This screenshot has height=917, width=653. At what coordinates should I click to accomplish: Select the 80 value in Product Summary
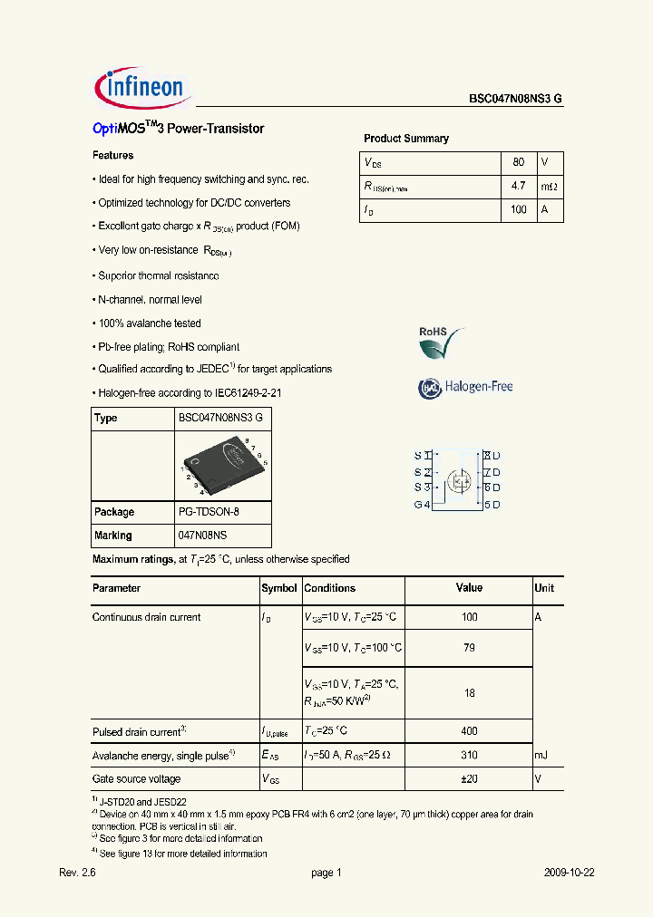click(x=518, y=162)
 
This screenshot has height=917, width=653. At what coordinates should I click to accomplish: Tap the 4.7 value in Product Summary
click(x=518, y=186)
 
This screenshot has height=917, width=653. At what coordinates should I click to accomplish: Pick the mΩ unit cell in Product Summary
click(x=550, y=186)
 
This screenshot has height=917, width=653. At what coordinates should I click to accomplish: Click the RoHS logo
click(x=441, y=343)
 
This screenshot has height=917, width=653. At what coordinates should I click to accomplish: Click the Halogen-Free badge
click(x=465, y=387)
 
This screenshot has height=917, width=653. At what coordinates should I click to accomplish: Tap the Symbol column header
click(x=279, y=588)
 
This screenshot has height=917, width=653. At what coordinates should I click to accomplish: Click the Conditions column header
click(x=330, y=588)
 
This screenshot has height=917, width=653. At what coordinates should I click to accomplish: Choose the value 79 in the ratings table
click(x=469, y=648)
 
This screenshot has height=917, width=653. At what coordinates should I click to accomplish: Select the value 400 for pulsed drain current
click(x=469, y=731)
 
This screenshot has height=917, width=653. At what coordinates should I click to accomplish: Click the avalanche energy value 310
click(x=469, y=755)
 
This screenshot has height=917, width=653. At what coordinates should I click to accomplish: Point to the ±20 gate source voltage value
click(x=469, y=778)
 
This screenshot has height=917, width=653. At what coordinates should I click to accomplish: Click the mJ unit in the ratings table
click(x=541, y=755)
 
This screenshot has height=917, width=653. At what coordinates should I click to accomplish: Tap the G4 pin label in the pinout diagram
click(x=422, y=505)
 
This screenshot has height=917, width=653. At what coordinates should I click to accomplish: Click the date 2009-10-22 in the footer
click(x=569, y=873)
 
